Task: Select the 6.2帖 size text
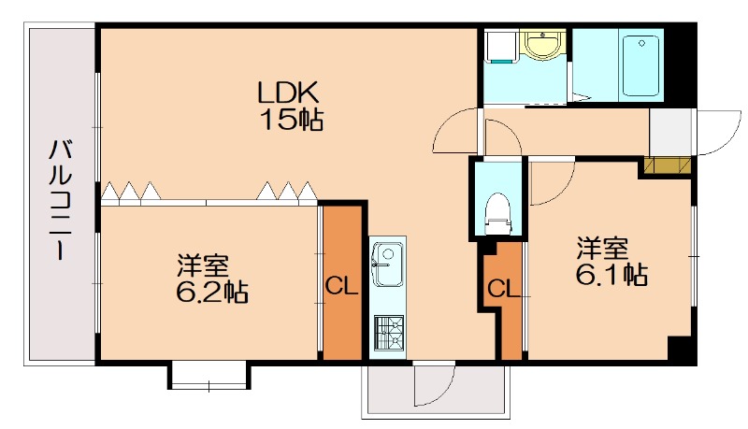tap(211, 293)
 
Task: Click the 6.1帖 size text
tap(611, 275)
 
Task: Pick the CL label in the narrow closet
tap(502, 289)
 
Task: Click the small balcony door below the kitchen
tap(435, 383)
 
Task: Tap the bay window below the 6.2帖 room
tap(208, 376)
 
